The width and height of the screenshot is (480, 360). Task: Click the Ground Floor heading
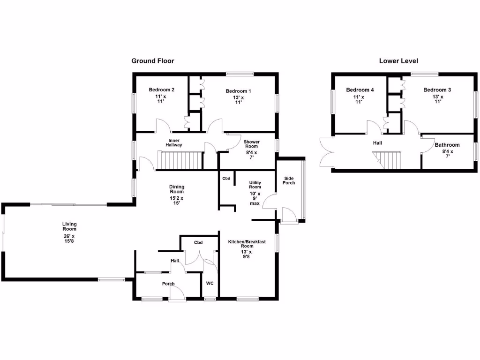point(152,61)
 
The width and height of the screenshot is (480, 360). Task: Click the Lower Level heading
point(398,61)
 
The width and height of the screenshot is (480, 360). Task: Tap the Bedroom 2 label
point(162,90)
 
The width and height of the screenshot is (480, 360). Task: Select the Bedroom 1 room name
point(238,91)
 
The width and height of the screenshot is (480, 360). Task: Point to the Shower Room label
point(251,144)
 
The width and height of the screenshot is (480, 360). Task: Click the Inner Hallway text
point(173,143)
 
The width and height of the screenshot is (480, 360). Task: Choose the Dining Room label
point(177,189)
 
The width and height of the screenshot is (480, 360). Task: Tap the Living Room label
point(69,227)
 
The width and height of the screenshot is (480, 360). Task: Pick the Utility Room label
point(255,185)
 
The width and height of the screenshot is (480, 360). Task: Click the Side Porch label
point(289,180)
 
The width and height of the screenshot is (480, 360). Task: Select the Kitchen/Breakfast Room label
point(247,244)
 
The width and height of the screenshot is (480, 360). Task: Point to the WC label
point(210,283)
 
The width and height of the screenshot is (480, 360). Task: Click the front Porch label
point(168,284)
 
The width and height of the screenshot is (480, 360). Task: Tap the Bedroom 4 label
point(360,90)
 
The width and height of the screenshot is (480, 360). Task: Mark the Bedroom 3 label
point(437,90)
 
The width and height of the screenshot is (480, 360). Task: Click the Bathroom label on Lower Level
point(447,145)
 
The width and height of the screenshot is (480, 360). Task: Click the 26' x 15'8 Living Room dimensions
point(69,239)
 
